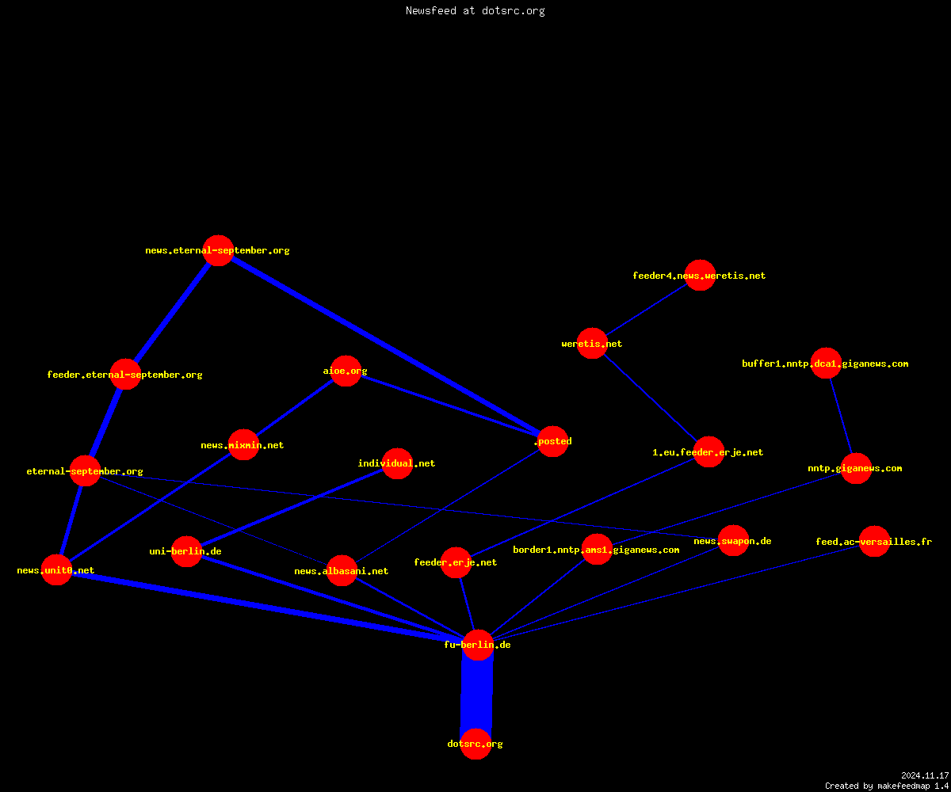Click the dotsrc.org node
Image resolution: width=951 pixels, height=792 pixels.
[x=475, y=744]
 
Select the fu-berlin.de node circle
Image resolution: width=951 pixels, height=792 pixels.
[x=478, y=645]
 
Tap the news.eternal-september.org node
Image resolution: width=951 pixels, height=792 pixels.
[x=218, y=250]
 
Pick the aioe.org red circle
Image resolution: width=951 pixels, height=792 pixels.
[x=346, y=371]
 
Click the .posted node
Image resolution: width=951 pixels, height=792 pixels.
[x=553, y=441]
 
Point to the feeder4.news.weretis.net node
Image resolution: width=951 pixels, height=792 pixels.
[x=700, y=276]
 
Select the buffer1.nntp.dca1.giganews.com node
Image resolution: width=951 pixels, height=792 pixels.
[x=826, y=364]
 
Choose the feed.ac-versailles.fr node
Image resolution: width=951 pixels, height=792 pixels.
[x=874, y=541]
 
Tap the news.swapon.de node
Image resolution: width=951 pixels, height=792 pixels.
[x=733, y=541]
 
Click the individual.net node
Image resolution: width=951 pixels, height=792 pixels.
[x=397, y=463]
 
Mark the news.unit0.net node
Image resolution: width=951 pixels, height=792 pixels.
[x=56, y=570]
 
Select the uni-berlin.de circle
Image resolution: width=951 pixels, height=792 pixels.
[x=186, y=551]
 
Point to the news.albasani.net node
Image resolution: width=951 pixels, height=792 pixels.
[x=342, y=571]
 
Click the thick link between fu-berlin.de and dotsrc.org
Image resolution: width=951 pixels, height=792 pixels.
[x=477, y=695]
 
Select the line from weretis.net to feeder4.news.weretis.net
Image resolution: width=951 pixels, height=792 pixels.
[x=647, y=310]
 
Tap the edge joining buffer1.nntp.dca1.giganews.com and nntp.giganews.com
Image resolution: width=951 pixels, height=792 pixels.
[x=841, y=416]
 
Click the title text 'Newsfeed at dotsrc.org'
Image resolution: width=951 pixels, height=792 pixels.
[x=475, y=11]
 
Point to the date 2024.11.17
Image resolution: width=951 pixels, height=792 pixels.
[x=925, y=775]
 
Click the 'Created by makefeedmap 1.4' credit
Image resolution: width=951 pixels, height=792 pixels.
[x=887, y=786]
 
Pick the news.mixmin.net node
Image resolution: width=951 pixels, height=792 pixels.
[x=243, y=444]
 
